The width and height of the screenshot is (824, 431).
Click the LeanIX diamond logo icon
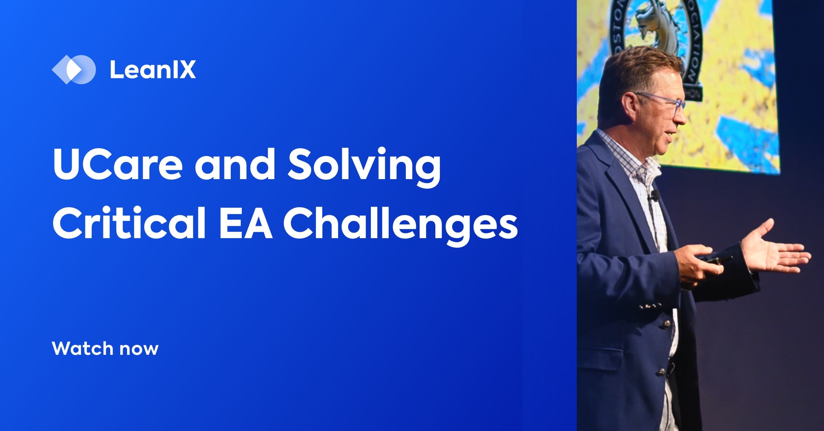(x=73, y=69)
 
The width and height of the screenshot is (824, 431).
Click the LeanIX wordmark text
(x=153, y=70)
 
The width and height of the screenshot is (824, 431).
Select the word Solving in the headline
(x=364, y=165)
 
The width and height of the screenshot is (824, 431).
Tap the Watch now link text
(x=105, y=348)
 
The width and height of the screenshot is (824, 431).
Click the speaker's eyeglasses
(x=664, y=103)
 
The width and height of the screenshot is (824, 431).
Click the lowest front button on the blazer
(x=661, y=371)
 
